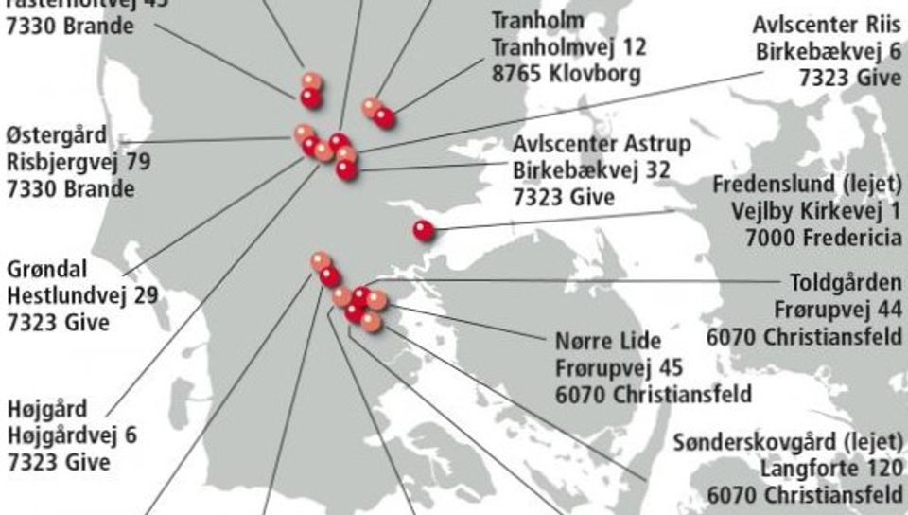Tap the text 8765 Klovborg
(x=567, y=73)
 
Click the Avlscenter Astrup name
(x=602, y=145)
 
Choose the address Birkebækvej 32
(x=591, y=171)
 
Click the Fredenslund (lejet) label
(x=807, y=183)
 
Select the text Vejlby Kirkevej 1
(x=816, y=209)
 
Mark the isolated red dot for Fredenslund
(x=424, y=229)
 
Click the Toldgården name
(x=846, y=283)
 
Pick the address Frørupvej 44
(x=838, y=310)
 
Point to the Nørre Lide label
(x=608, y=341)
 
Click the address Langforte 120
(x=831, y=469)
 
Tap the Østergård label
(x=57, y=135)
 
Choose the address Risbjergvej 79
(x=78, y=162)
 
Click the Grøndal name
(x=46, y=269)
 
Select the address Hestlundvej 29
(x=81, y=295)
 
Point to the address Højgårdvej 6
(x=71, y=435)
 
